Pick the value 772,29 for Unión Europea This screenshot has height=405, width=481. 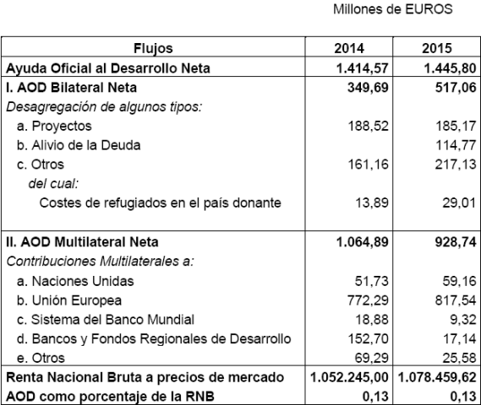pos(367,300)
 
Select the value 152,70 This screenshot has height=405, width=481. pos(367,339)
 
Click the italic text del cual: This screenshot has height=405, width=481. pos(50,183)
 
